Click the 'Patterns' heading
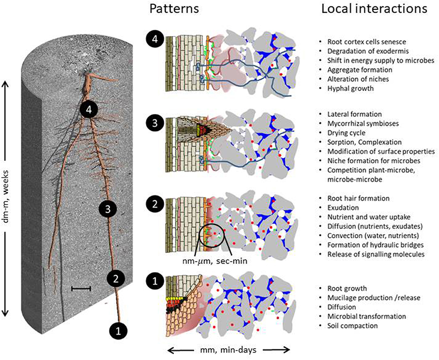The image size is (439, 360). (x=174, y=9)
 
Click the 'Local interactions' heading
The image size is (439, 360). (x=374, y=9)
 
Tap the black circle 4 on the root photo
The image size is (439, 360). (x=89, y=110)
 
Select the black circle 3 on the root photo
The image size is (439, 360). (x=108, y=209)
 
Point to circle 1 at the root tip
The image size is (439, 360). (x=118, y=331)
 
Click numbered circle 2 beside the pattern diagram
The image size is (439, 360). (x=155, y=204)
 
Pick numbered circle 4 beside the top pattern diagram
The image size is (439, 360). (x=155, y=39)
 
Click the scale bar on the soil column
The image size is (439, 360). (x=81, y=288)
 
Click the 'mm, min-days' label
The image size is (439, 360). (x=228, y=349)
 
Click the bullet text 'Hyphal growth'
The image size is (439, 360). (x=351, y=88)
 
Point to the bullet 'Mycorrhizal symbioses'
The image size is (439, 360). (x=363, y=123)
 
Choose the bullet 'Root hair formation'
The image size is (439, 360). (x=358, y=199)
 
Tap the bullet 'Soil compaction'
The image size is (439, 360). (x=352, y=326)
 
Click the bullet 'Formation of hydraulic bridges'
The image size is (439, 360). (x=376, y=245)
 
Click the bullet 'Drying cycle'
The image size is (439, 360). (x=346, y=133)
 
